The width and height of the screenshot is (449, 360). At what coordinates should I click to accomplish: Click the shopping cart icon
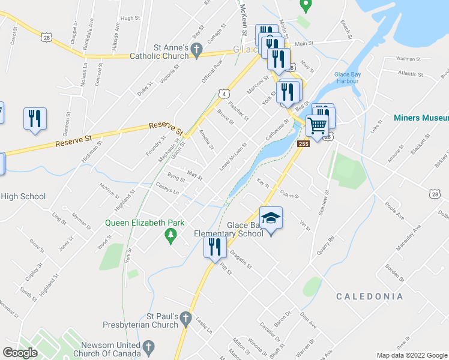click(317, 125)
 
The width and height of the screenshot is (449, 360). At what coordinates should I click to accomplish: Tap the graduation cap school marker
click(271, 218)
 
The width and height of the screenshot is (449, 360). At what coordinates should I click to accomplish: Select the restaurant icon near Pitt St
click(214, 247)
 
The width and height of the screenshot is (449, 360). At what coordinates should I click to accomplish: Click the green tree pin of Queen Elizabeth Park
click(172, 236)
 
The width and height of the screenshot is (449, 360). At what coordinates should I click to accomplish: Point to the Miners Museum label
click(420, 118)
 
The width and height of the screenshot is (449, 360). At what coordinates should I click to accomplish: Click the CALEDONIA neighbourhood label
click(369, 296)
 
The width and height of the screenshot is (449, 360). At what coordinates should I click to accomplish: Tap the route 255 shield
click(304, 144)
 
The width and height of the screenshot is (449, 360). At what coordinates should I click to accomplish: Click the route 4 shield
click(223, 94)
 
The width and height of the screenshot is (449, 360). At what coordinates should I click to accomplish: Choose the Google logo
click(20, 353)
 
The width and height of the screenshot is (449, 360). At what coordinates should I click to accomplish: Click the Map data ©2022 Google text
click(412, 355)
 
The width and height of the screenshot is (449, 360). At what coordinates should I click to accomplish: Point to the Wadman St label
click(409, 59)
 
